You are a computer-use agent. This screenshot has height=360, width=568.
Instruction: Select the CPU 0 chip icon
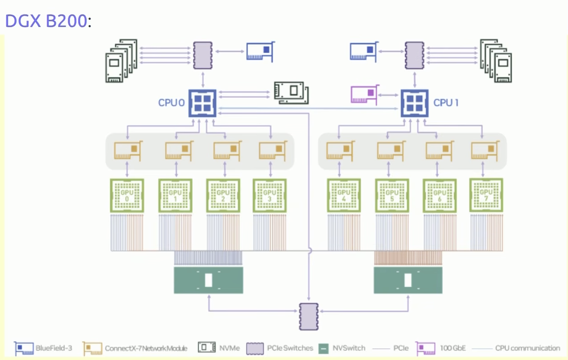tap(203, 103)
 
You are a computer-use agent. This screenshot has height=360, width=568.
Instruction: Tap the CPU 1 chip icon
tap(415, 103)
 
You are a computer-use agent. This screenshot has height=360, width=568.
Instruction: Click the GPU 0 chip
tap(127, 195)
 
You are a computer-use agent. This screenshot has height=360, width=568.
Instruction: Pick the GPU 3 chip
tap(270, 195)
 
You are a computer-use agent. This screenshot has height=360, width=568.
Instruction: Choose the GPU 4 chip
tap(344, 195)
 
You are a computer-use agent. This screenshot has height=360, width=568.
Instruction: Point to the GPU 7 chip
tap(486, 195)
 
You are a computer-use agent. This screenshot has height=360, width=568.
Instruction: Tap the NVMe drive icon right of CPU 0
tap(291, 93)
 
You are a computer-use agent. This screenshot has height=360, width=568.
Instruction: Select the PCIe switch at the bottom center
tap(309, 317)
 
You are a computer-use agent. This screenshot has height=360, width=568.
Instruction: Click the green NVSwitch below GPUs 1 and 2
tap(208, 280)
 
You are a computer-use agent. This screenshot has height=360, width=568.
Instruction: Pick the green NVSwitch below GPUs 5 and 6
tap(408, 280)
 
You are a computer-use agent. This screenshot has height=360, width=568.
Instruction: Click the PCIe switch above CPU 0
tap(203, 55)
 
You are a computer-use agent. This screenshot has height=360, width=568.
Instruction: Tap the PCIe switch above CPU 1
tap(415, 55)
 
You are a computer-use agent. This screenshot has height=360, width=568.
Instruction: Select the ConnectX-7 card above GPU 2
tap(227, 151)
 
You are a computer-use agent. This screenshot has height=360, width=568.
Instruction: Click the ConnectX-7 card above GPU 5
tap(391, 151)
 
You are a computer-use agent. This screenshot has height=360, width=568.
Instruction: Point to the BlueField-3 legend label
tap(54, 348)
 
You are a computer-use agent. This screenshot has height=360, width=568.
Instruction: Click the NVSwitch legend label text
tap(349, 348)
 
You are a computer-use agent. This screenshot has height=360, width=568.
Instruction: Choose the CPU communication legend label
tap(527, 348)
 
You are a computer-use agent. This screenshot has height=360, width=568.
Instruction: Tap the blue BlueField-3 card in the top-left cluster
tap(261, 51)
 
